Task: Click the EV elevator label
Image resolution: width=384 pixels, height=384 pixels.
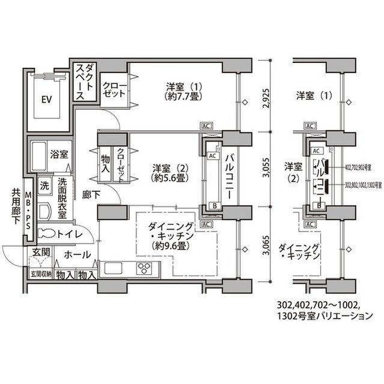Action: point(45,100)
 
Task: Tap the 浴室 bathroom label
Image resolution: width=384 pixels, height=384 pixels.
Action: point(59,154)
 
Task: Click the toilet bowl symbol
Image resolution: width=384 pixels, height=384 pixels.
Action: point(47,233)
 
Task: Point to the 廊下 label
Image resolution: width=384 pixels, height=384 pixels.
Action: point(91,196)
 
